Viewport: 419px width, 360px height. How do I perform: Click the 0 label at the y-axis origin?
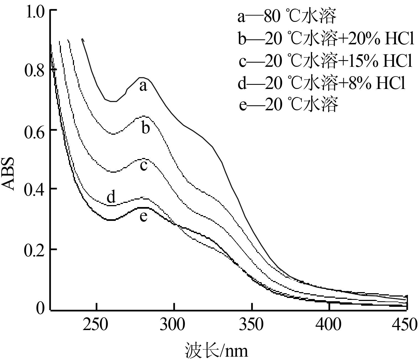pyautogui.click(x=40, y=308)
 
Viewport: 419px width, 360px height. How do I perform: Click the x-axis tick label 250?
pyautogui.click(x=96, y=325)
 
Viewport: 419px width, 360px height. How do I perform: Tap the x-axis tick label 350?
pyautogui.click(x=251, y=325)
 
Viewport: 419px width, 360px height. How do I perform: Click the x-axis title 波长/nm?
pyautogui.click(x=216, y=350)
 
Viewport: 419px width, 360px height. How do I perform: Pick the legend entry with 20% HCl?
pyautogui.click(x=326, y=39)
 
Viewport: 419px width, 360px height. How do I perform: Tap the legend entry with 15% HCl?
pyautogui.click(x=326, y=61)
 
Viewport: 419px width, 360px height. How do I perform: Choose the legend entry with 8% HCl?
pyautogui.click(x=322, y=83)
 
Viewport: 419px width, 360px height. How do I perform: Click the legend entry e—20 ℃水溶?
pyautogui.click(x=288, y=104)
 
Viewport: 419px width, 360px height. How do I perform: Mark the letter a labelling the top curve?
pyautogui.click(x=143, y=86)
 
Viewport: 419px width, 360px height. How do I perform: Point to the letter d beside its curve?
pyautogui.click(x=111, y=197)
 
